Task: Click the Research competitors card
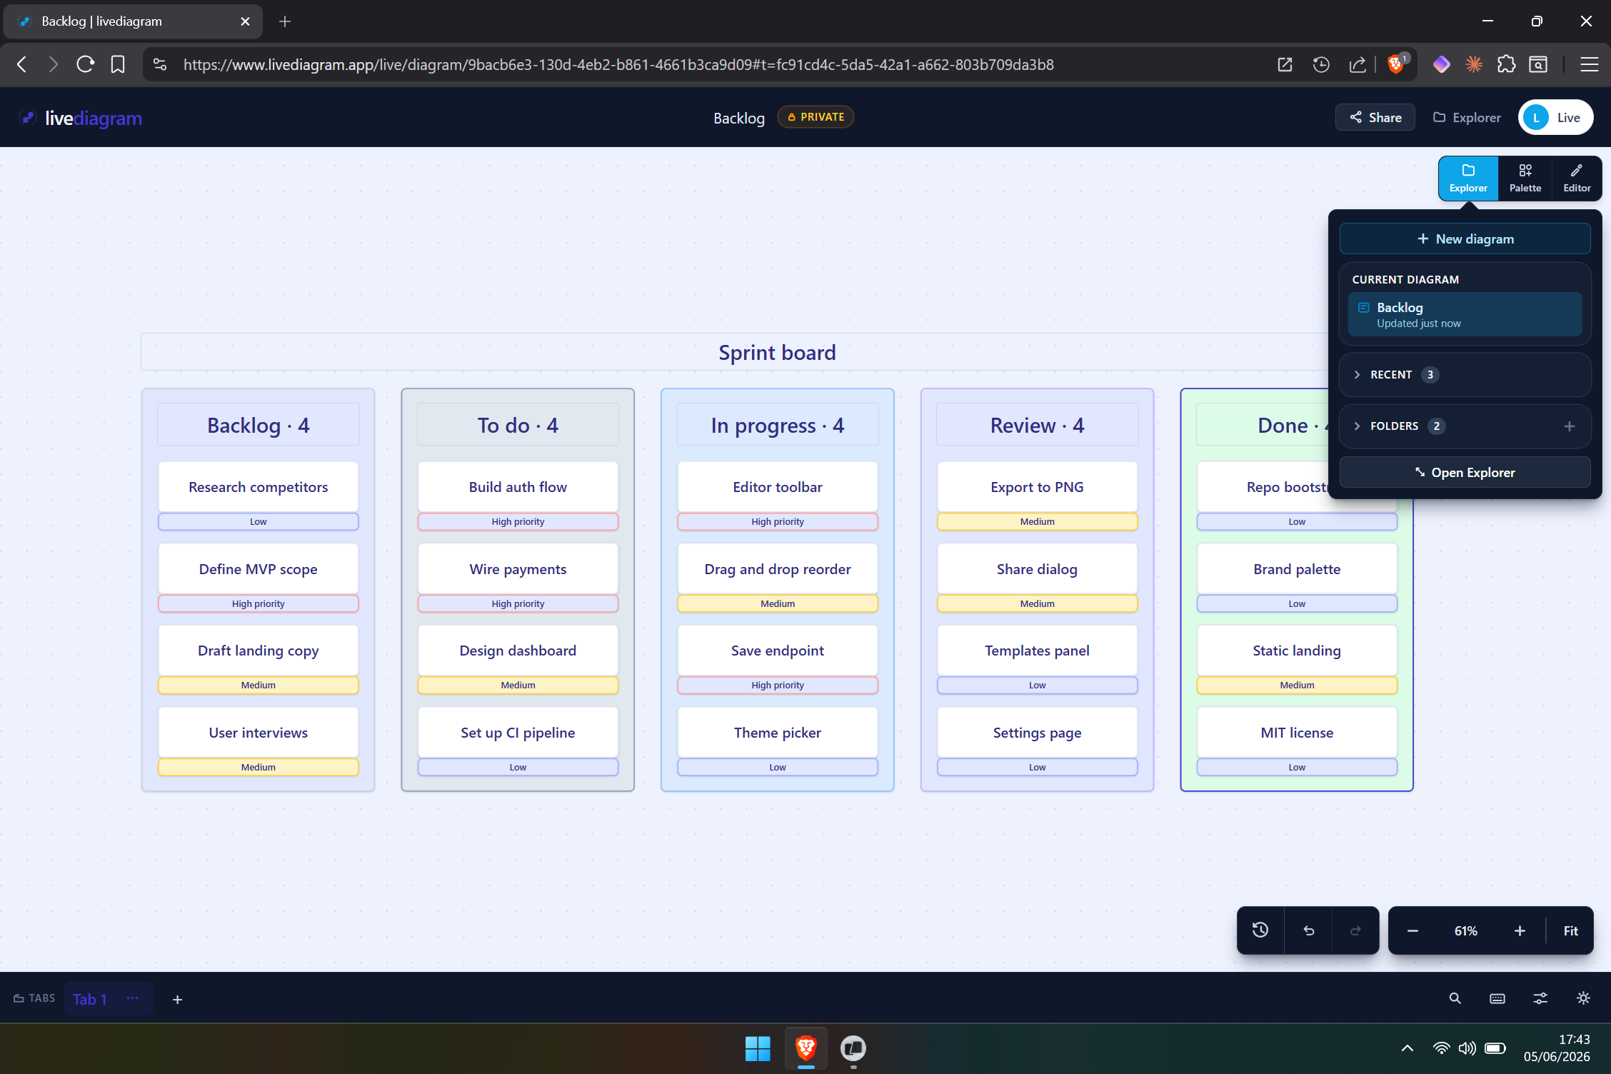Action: click(x=259, y=487)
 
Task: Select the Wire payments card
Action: click(x=518, y=569)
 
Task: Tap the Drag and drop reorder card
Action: click(x=778, y=569)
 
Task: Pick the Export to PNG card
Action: click(x=1037, y=487)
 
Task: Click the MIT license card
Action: click(x=1297, y=733)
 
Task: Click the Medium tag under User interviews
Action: click(x=259, y=767)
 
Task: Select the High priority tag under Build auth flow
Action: click(x=518, y=522)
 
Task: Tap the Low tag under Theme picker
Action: click(x=778, y=767)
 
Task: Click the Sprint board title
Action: click(x=777, y=353)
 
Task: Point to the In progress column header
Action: click(x=778, y=426)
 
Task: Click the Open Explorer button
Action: click(x=1465, y=473)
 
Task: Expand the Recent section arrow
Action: click(x=1357, y=375)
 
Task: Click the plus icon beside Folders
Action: click(x=1570, y=426)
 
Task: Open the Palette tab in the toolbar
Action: click(x=1525, y=178)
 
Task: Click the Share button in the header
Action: click(x=1375, y=118)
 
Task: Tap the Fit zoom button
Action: click(x=1570, y=931)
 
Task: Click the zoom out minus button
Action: click(x=1412, y=931)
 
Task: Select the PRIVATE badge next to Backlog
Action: click(x=815, y=117)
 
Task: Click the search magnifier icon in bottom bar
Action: click(x=1455, y=999)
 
